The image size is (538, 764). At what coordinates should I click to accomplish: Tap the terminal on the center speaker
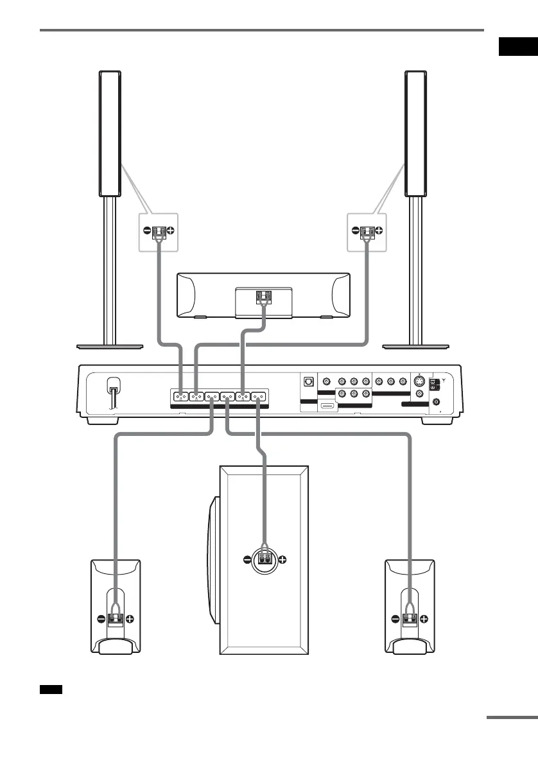tap(263, 297)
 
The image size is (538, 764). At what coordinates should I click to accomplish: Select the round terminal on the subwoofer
tap(264, 559)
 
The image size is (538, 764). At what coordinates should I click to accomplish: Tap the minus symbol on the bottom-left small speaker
tap(101, 620)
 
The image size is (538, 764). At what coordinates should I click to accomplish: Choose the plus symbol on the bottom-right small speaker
tap(424, 620)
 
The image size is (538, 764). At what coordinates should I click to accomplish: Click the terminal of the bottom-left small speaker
tap(116, 620)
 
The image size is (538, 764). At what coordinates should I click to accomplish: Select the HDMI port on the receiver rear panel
tap(327, 406)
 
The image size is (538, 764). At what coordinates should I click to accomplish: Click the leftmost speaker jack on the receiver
tap(179, 397)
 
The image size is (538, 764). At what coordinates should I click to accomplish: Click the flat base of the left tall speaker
tap(110, 346)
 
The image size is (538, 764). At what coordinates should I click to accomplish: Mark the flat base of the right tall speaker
tap(415, 346)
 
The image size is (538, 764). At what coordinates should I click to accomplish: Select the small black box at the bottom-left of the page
tap(50, 690)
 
